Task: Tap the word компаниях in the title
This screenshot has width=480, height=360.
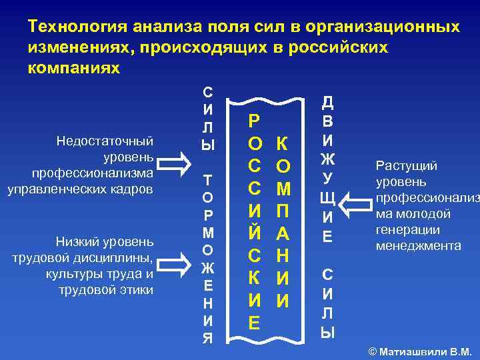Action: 74,69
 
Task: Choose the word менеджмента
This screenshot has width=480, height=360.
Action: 419,246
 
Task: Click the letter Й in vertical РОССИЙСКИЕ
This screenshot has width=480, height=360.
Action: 254,234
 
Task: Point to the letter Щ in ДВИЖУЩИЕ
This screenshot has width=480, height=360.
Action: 327,198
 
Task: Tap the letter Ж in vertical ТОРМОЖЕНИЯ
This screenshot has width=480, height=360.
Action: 208,268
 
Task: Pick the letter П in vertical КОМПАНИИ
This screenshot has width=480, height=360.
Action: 283,211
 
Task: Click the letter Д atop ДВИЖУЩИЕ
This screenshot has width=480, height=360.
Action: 327,102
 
